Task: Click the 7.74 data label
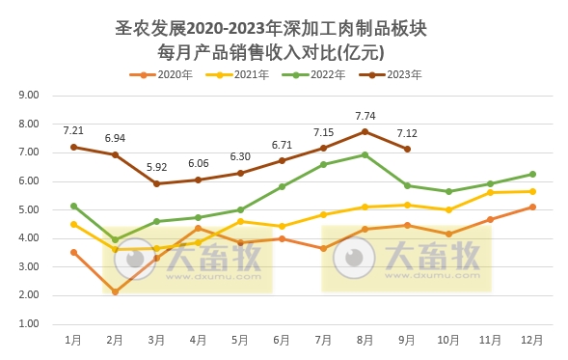click(365, 115)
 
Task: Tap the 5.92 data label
click(156, 167)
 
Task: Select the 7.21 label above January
click(73, 129)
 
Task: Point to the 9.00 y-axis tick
click(27, 96)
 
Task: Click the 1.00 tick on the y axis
click(27, 323)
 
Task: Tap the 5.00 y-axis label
click(27, 209)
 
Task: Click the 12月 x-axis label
click(531, 340)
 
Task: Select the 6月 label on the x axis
click(282, 340)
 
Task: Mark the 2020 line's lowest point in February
click(115, 291)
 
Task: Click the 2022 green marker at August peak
click(365, 154)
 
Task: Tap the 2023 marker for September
click(407, 149)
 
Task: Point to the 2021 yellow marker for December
click(532, 191)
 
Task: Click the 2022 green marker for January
click(73, 206)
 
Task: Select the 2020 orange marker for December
click(532, 207)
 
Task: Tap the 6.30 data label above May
click(240, 156)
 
